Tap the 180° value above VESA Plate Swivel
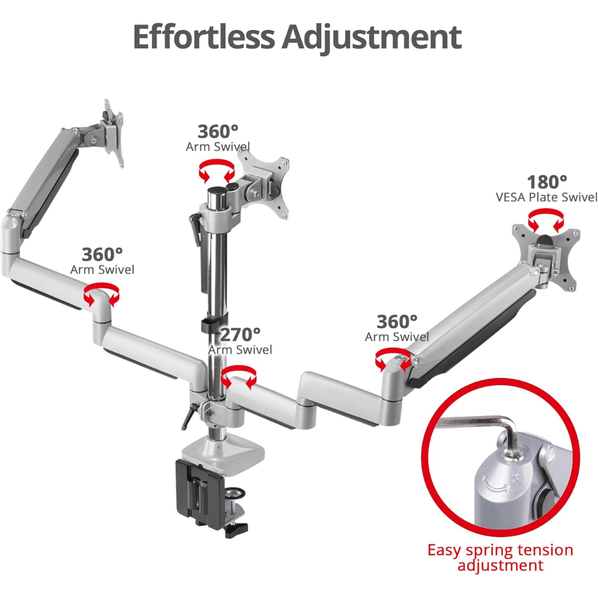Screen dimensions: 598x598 click(547, 182)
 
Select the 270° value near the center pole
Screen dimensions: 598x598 click(240, 334)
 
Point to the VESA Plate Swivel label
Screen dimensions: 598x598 click(547, 197)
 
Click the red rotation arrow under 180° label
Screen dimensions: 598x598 click(546, 220)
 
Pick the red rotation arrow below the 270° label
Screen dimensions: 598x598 click(239, 375)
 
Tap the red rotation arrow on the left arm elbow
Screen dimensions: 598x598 click(101, 293)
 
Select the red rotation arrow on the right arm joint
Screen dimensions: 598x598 click(393, 359)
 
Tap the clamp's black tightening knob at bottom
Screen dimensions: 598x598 click(236, 529)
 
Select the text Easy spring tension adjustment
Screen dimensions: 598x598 click(500, 557)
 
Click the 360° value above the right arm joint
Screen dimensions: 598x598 click(397, 322)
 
